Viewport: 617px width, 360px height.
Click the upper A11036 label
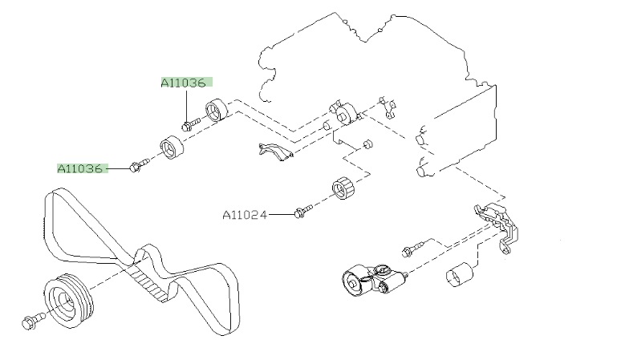(x=183, y=82)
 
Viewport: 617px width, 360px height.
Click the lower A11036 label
(x=80, y=168)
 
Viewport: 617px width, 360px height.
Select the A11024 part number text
(x=245, y=214)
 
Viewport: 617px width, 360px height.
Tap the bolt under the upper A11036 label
(x=189, y=124)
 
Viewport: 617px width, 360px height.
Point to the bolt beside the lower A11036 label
(x=137, y=166)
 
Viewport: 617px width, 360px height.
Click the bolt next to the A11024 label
(x=302, y=212)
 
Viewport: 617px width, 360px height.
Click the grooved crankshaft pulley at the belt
(x=69, y=301)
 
